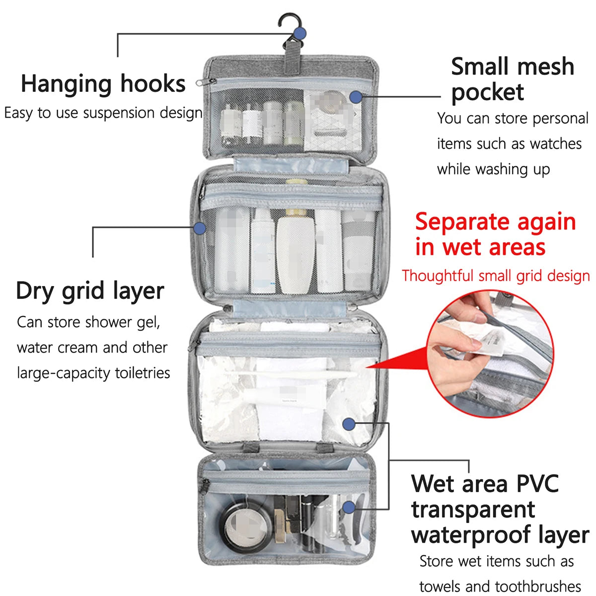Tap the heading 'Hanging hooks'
[103, 83]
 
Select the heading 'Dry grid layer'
[90, 291]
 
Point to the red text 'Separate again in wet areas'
[495, 234]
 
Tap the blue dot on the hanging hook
[299, 34]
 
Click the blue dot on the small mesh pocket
[355, 97]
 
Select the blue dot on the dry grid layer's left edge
[200, 228]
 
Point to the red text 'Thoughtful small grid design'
[496, 276]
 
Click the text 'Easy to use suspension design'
[103, 113]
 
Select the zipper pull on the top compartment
[200, 82]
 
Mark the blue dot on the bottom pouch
[349, 507]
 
